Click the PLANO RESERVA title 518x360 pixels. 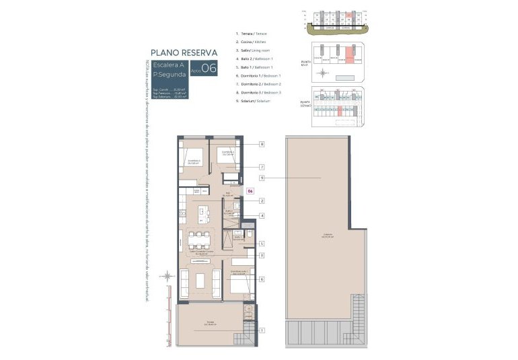pos(184,52)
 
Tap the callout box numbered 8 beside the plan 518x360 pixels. pos(261,144)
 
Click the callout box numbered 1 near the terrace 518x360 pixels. pos(261,330)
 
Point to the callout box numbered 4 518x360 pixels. pos(261,215)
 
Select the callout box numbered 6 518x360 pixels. pos(261,279)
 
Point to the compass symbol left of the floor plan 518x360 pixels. pos(165,275)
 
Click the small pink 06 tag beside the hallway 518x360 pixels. pos(250,191)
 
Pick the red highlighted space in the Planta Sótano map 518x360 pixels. pos(341,109)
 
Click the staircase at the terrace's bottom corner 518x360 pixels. pos(244,340)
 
